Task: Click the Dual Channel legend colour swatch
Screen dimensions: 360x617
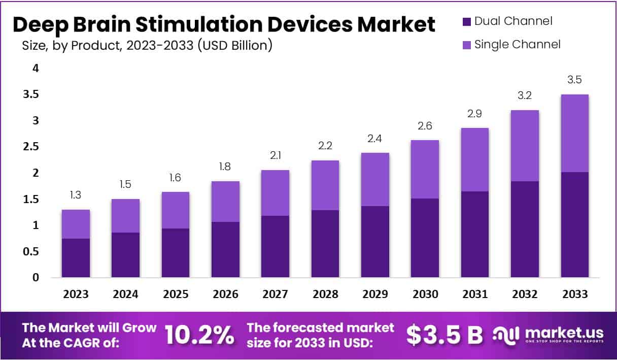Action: (x=467, y=22)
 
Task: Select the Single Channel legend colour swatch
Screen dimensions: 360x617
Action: (x=467, y=45)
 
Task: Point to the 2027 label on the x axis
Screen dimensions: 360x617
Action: (x=275, y=294)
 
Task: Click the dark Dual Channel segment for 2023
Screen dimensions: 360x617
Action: (x=76, y=258)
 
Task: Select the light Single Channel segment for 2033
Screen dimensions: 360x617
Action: (x=574, y=133)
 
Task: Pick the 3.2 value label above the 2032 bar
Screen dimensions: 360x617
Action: (x=525, y=95)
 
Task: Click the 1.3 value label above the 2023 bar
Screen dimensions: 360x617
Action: (x=76, y=195)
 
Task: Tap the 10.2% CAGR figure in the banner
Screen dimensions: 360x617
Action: (x=200, y=335)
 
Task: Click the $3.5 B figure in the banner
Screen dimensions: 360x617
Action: (x=444, y=335)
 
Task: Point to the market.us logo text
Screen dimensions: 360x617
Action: (x=563, y=333)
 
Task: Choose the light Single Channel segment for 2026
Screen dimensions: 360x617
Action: (x=225, y=201)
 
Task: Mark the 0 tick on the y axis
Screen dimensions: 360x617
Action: (x=36, y=278)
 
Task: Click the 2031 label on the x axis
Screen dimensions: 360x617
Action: (x=474, y=294)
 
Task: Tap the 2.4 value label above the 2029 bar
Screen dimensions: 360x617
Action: (x=374, y=139)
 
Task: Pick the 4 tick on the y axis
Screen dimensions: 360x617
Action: (x=36, y=68)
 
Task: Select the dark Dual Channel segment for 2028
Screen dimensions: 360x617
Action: (x=325, y=244)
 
